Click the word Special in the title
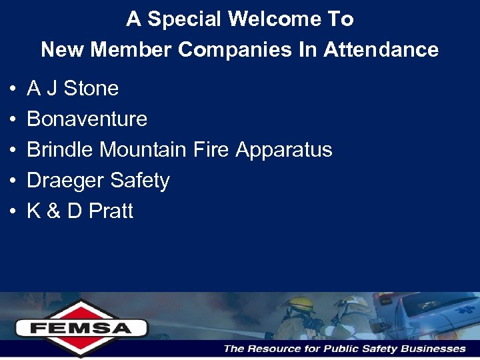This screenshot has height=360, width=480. click(185, 19)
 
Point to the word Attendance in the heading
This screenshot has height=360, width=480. click(381, 49)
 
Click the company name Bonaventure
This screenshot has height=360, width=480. click(87, 119)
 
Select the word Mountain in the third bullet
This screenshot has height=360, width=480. click(144, 150)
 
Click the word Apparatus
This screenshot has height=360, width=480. click(283, 150)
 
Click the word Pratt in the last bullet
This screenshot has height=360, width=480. click(111, 211)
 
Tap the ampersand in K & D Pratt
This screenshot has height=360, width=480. click(53, 211)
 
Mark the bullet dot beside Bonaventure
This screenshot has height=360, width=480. click(13, 120)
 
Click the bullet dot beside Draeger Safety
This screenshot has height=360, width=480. click(13, 181)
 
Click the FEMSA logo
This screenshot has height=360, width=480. click(81, 327)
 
